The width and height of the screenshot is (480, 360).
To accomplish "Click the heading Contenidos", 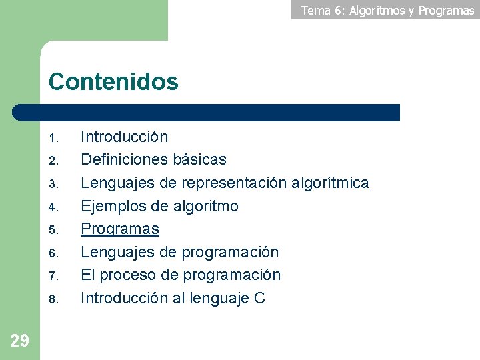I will [x=113, y=82].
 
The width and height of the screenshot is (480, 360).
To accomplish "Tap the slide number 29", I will [x=20, y=341].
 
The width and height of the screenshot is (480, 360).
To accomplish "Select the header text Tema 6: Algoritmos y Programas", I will [x=387, y=11].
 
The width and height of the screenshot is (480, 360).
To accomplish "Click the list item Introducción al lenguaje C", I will [x=173, y=298].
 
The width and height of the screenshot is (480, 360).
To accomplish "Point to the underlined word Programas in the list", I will [x=120, y=229].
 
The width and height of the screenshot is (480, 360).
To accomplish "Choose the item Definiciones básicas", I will [x=153, y=160].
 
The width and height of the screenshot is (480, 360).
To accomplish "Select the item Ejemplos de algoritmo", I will [x=159, y=206].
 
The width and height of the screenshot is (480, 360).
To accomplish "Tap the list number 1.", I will [x=55, y=139].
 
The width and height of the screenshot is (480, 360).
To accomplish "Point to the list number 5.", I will [x=55, y=231].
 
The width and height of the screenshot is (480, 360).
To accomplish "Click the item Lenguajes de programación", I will [x=179, y=252].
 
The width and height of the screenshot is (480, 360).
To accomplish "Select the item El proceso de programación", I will [x=181, y=275].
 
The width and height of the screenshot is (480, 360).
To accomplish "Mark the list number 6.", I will [x=55, y=254].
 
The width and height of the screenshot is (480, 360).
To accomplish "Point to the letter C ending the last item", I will [x=259, y=298].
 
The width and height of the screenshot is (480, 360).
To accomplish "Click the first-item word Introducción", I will [x=124, y=137].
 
